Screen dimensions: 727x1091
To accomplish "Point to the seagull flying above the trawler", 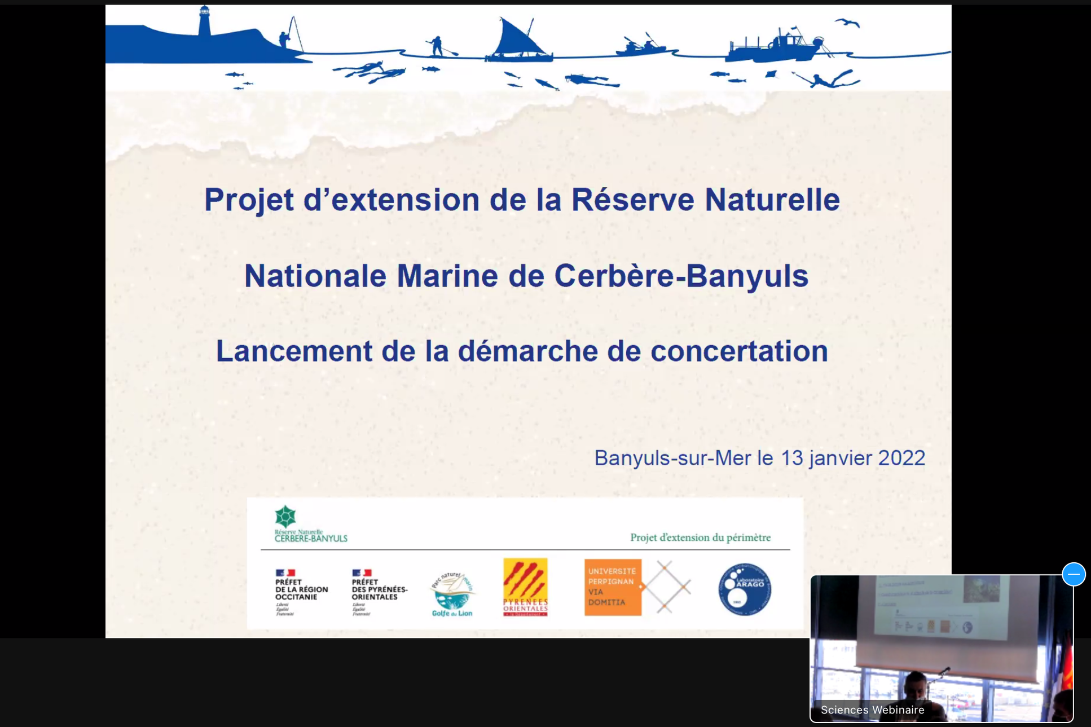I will (x=847, y=23).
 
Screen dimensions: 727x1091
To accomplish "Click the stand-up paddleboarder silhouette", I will (x=437, y=46).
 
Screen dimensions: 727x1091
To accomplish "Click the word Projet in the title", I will (x=248, y=200).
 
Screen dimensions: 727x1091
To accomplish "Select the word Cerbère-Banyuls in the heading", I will (x=681, y=276).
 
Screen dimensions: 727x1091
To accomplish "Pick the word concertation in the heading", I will (x=739, y=351).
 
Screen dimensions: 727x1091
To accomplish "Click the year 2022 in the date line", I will (x=901, y=458).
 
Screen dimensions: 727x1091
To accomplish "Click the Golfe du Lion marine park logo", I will (x=452, y=594).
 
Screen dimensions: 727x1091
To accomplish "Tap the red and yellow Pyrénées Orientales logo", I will (x=525, y=587).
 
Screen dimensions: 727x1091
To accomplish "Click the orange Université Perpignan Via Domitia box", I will (x=613, y=587).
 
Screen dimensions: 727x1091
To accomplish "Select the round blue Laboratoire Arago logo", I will (x=744, y=589).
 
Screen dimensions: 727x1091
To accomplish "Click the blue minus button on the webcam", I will (x=1073, y=574).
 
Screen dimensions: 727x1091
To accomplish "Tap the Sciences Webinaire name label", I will (x=872, y=710).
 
